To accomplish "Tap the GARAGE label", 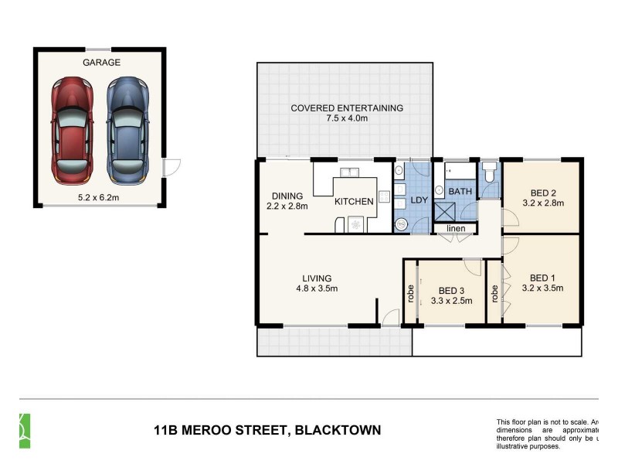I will [100, 62].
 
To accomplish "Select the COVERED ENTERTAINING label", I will [347, 108].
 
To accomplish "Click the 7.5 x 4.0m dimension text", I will [347, 118].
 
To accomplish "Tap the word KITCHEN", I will [354, 201].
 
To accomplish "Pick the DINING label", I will [286, 196].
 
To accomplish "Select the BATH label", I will [460, 191].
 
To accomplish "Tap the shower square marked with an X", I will [446, 211].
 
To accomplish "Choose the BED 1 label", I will [543, 278].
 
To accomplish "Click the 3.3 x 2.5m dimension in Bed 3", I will [450, 301].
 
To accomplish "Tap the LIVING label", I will [317, 278].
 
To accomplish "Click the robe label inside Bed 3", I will [410, 293].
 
